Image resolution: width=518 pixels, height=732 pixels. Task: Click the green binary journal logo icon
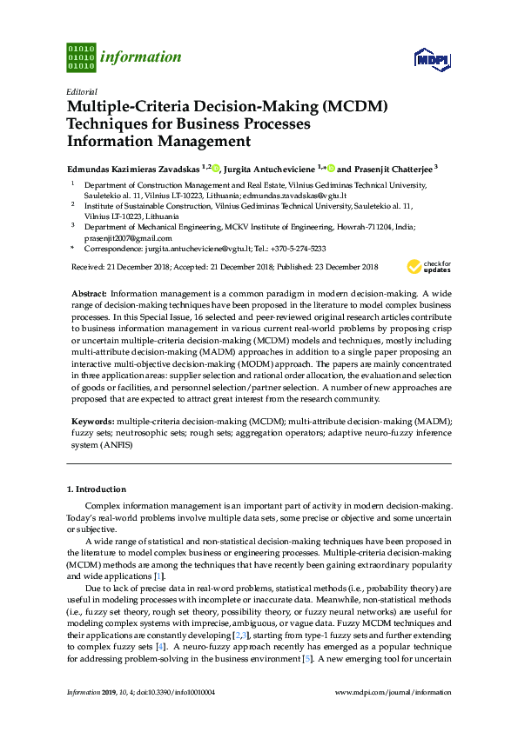click(x=81, y=57)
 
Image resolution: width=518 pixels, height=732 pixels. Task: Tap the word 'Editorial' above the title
click(x=82, y=91)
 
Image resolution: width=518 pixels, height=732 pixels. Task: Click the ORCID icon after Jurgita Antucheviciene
click(x=332, y=169)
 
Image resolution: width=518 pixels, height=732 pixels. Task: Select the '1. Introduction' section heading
click(x=97, y=489)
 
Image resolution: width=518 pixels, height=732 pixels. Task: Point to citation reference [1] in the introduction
click(x=158, y=576)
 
